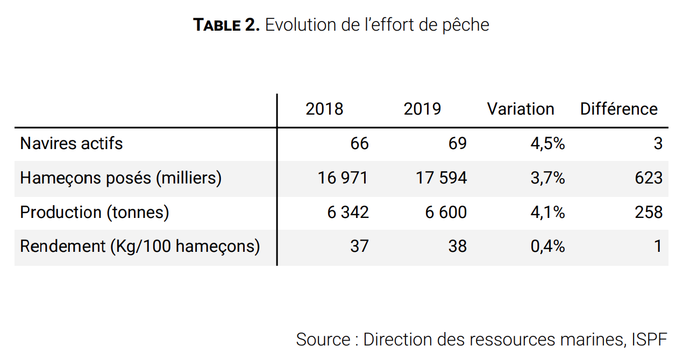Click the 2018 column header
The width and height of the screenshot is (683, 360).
click(324, 109)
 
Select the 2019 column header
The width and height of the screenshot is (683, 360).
click(422, 109)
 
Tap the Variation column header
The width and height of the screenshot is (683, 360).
click(520, 109)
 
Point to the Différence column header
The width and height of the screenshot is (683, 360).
click(618, 109)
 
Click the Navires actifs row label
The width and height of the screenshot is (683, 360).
click(72, 144)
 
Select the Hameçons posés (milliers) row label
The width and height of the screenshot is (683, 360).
click(120, 178)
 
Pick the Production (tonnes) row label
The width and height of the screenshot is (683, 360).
click(95, 213)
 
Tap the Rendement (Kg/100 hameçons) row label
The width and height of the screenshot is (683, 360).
click(140, 246)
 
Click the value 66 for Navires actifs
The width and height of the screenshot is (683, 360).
click(359, 144)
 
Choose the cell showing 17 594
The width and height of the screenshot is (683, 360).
click(441, 178)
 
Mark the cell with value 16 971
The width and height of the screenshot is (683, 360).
click(343, 178)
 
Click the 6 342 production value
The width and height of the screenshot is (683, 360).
click(348, 213)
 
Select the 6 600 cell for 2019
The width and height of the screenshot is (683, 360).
click(446, 213)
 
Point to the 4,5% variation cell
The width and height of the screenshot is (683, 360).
click(547, 144)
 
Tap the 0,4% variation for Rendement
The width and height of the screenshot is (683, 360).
click(547, 246)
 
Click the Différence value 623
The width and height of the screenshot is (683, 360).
click(649, 178)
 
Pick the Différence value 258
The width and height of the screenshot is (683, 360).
click(649, 213)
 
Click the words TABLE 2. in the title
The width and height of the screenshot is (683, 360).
click(226, 25)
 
